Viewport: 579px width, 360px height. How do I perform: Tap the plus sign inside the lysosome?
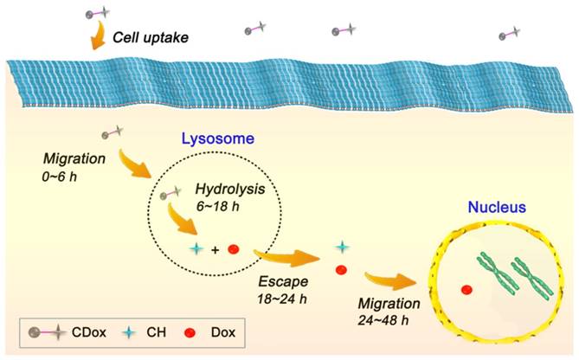point(215,250)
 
